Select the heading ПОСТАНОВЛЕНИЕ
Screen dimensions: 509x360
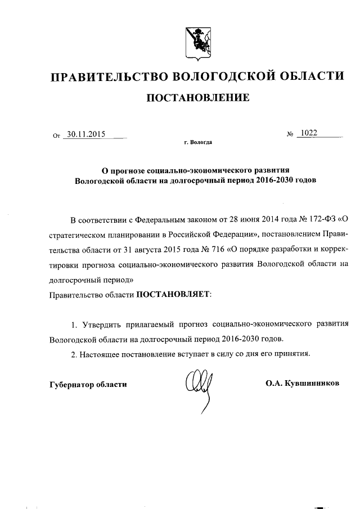coord(197,98)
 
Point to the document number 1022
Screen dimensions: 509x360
coord(308,133)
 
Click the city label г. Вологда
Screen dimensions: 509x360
coord(198,143)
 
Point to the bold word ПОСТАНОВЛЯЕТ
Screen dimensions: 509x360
coord(171,294)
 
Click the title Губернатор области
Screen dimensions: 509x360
coord(88,384)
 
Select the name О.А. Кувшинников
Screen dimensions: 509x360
coord(303,384)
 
